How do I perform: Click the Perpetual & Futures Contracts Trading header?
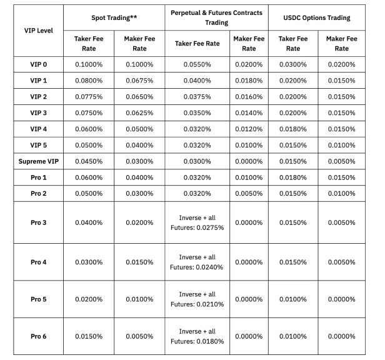pyautogui.click(x=217, y=17)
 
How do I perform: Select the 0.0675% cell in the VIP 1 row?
pyautogui.click(x=140, y=81)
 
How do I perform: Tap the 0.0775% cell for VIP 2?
pyautogui.click(x=89, y=97)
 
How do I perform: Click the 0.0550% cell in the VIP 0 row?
pyautogui.click(x=197, y=64)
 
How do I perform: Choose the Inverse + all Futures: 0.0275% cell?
pyautogui.click(x=197, y=222)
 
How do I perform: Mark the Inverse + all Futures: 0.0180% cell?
pyautogui.click(x=197, y=336)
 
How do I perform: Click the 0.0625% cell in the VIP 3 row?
pyautogui.click(x=140, y=113)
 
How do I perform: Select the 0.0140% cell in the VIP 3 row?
pyautogui.click(x=249, y=113)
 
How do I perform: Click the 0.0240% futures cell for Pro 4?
pyautogui.click(x=197, y=262)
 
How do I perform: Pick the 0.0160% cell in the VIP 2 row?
pyautogui.click(x=249, y=97)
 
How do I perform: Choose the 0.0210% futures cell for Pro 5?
pyautogui.click(x=197, y=299)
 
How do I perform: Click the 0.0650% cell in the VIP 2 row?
pyautogui.click(x=140, y=97)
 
